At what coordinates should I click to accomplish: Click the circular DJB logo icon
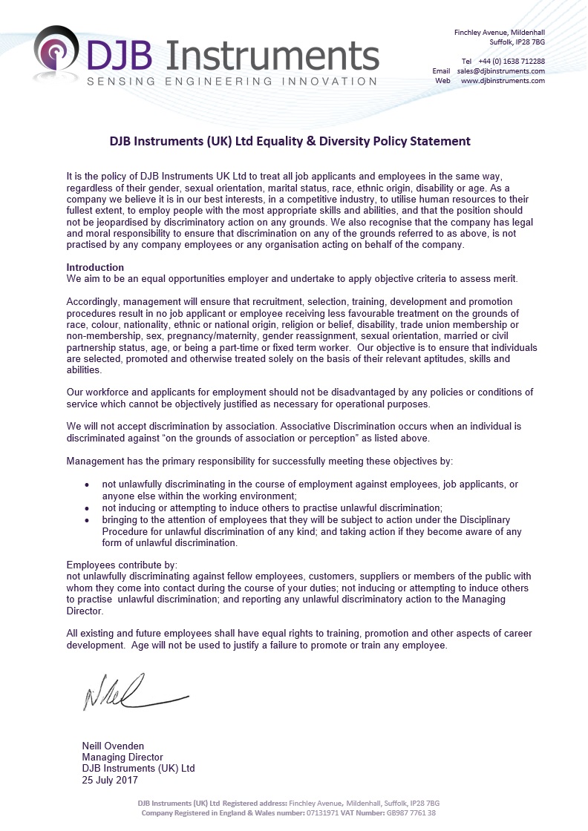(x=56, y=53)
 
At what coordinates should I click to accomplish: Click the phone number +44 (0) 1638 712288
(x=511, y=61)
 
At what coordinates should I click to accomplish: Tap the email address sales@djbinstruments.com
(x=500, y=70)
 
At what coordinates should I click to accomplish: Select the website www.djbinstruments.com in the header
(x=503, y=80)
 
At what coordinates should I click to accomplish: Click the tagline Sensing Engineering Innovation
(x=232, y=81)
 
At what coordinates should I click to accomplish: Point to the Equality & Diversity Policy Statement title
(x=290, y=141)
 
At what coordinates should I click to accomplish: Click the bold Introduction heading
(x=95, y=267)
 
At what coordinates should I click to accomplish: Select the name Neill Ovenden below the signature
(x=113, y=746)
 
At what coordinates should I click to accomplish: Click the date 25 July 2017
(x=110, y=780)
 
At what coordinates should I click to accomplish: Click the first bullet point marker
(x=88, y=485)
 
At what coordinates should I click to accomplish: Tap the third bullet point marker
(x=88, y=520)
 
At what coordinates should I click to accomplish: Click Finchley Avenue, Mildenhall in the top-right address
(x=499, y=33)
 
